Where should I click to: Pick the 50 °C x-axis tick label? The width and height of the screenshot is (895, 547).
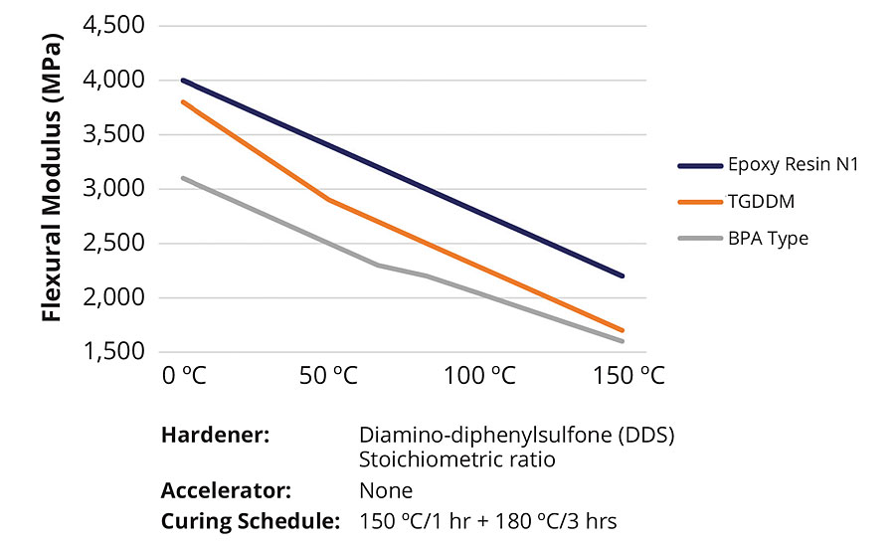pos(327,377)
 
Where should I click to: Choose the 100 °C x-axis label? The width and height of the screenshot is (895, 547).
pos(480,377)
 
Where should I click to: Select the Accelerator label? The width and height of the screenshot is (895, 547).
pos(226,490)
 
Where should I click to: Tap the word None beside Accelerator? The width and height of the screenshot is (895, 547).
pos(386,490)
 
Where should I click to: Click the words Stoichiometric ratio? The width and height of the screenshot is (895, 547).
pos(457,460)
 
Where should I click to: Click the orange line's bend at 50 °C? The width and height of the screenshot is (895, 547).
pos(327,199)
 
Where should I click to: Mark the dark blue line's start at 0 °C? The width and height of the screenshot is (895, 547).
pos(183,80)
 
